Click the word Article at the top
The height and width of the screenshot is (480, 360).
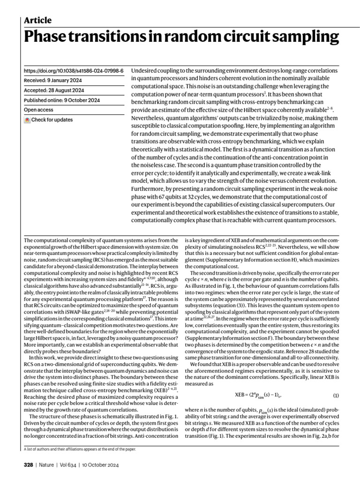(x=37, y=20)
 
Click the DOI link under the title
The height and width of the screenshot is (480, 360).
(x=74, y=71)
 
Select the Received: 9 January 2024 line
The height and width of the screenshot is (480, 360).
(x=53, y=81)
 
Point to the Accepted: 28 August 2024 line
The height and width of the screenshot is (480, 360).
(x=53, y=90)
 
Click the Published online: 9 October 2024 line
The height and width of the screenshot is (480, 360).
(x=61, y=100)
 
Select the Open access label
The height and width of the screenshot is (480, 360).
(x=38, y=110)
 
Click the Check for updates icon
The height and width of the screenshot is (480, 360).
(x=27, y=120)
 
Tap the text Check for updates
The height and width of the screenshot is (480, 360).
(x=52, y=120)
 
